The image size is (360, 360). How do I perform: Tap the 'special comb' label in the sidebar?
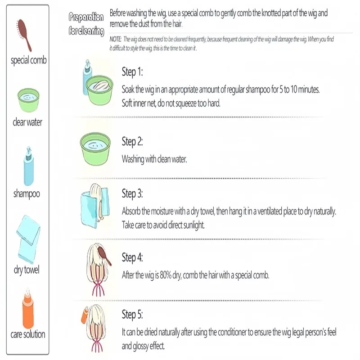coord(29,60)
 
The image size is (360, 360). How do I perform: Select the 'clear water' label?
coord(27,122)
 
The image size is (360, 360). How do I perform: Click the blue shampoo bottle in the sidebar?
coord(29,166)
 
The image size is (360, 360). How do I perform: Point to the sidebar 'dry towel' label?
coord(27,270)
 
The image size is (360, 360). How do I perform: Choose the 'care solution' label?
coord(28,334)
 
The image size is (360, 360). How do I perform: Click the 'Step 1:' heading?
coord(132,72)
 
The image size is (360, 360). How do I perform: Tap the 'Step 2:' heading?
coord(132,141)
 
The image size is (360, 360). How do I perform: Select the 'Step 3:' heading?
coord(132,193)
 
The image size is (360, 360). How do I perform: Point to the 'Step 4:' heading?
coord(132,257)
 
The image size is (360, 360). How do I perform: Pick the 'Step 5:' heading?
coord(132,314)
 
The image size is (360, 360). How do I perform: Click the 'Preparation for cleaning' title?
coord(86,24)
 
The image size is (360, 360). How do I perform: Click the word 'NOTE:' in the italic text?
coord(116,39)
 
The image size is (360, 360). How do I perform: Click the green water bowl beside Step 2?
coord(95,148)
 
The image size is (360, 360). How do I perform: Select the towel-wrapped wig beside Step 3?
coord(95,206)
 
